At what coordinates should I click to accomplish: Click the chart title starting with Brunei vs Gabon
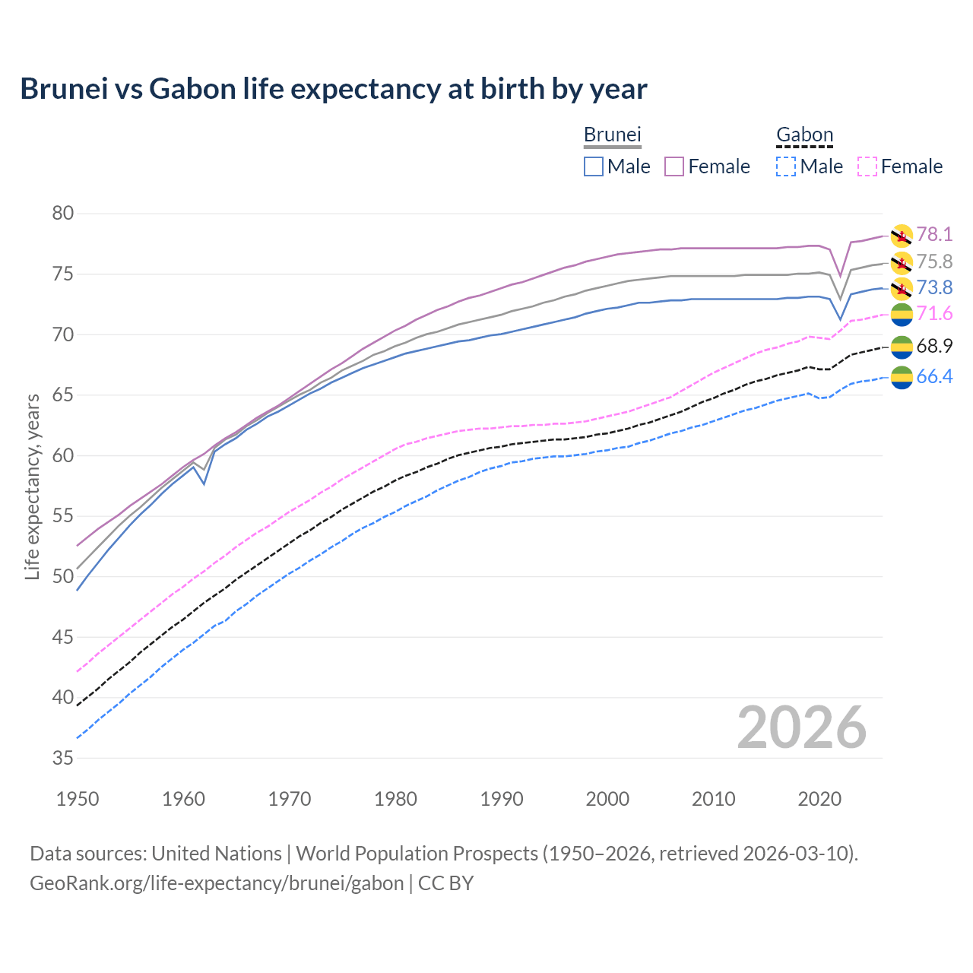tap(334, 89)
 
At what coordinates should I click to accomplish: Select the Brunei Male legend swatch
tap(594, 166)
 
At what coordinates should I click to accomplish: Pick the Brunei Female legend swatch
tap(674, 166)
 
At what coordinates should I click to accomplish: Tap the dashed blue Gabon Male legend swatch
tap(786, 166)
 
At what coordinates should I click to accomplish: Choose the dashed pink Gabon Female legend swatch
tap(867, 166)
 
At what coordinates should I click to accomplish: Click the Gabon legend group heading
tap(804, 135)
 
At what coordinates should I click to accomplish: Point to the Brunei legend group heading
tap(613, 135)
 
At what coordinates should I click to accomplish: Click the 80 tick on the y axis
tap(63, 214)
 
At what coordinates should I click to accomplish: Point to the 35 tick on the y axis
tap(63, 758)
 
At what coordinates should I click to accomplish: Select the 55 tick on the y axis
tap(63, 516)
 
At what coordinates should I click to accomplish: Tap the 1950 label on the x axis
tap(78, 799)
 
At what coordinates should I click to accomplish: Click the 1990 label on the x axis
tap(502, 799)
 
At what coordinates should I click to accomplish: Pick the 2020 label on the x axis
tap(819, 799)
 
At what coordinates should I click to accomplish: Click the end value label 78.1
tap(934, 235)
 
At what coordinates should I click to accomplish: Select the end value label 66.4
tap(934, 377)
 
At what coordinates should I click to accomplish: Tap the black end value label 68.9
tap(934, 347)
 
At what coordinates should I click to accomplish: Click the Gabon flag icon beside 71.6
tap(902, 314)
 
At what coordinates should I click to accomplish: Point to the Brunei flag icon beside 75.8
tap(902, 263)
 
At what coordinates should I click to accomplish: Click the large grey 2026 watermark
tap(802, 727)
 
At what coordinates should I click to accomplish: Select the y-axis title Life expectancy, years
tap(33, 486)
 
